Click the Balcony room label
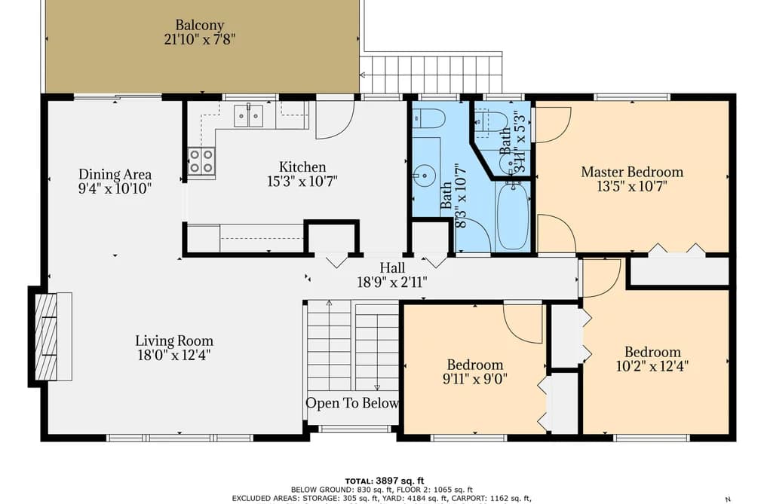click(200, 25)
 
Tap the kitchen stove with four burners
click(201, 161)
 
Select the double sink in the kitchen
click(248, 116)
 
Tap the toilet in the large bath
click(429, 118)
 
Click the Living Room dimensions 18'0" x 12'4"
click(174, 355)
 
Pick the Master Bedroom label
click(632, 172)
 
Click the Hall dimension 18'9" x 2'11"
click(392, 282)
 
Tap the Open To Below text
click(351, 403)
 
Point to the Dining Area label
click(115, 174)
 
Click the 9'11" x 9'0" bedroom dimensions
click(475, 378)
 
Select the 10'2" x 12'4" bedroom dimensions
click(652, 366)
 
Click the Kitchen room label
click(302, 166)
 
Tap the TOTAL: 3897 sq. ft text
click(385, 481)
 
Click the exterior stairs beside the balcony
click(431, 74)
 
